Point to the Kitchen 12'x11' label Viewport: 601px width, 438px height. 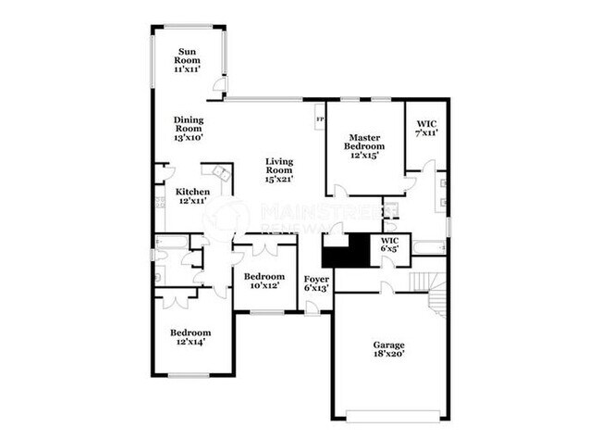[191, 195]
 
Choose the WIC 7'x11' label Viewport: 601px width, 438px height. [426, 128]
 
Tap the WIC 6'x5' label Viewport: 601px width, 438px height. [389, 244]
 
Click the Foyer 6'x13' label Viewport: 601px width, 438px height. [316, 282]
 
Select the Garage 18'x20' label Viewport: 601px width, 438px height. [388, 349]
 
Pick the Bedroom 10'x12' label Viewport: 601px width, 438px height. [263, 281]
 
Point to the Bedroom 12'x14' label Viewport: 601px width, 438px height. [190, 337]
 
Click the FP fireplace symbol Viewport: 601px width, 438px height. [320, 119]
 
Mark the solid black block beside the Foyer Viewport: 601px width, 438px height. [344, 249]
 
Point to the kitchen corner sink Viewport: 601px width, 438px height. [220, 174]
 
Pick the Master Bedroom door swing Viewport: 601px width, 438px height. [340, 190]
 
